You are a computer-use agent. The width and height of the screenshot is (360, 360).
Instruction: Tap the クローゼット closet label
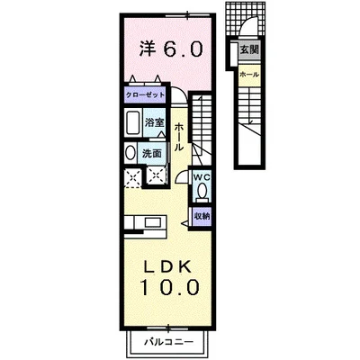144,94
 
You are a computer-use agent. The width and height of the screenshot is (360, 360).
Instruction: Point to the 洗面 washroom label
152,152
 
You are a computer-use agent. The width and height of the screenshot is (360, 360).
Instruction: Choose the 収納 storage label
201,215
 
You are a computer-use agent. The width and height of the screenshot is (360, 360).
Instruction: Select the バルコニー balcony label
168,343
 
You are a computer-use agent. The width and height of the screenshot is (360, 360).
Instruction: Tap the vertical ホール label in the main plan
180,136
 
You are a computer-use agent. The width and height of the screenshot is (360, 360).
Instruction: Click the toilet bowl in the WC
200,190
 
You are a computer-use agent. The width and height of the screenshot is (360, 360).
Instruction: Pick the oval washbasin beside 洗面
128,153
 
